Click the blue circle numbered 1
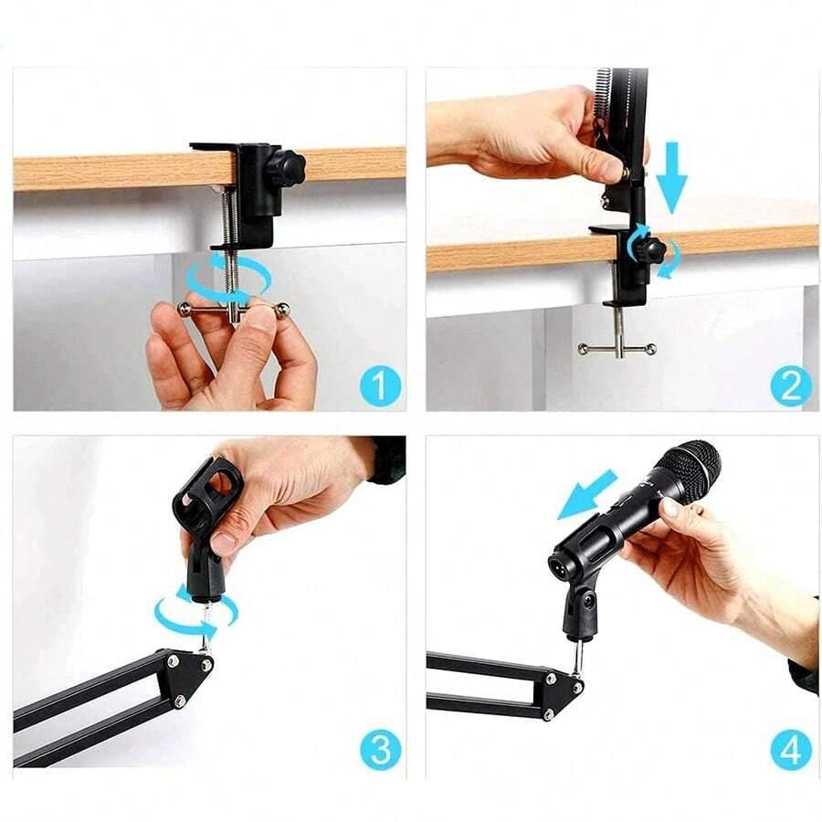(380, 385)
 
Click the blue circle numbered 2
(791, 385)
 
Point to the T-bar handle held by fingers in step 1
(234, 310)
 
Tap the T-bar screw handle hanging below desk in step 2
(616, 348)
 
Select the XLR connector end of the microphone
(563, 559)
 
